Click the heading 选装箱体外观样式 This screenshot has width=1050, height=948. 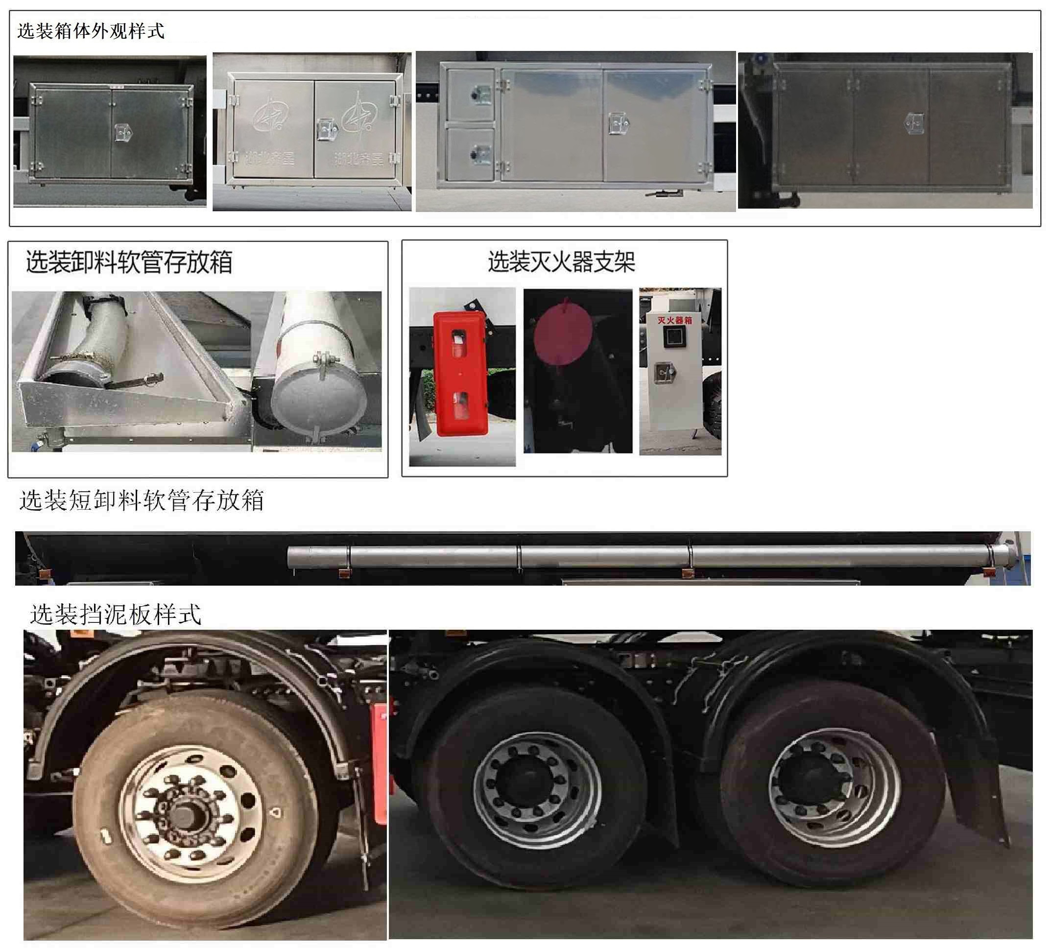coord(91,31)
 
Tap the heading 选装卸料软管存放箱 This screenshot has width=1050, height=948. coord(129,261)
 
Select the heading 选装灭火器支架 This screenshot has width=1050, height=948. coord(561,261)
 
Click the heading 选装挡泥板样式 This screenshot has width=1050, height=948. coord(115,615)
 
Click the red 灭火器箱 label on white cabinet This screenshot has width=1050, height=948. coord(674,320)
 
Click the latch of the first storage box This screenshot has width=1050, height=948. coord(122,133)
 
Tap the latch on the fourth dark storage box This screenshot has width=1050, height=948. coord(914,124)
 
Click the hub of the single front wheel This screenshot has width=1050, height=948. coord(185,812)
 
